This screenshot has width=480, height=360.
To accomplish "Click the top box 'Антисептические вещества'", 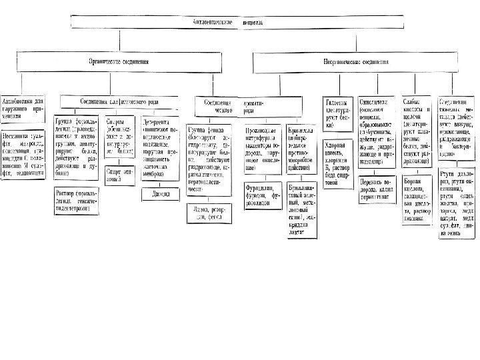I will [x=237, y=22].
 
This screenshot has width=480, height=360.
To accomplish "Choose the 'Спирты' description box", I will [x=120, y=137].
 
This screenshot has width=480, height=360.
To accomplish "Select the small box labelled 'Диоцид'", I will [x=160, y=195].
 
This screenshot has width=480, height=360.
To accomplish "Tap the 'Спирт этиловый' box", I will [x=120, y=175].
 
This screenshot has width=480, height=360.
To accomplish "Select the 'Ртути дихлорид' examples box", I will [x=457, y=203].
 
